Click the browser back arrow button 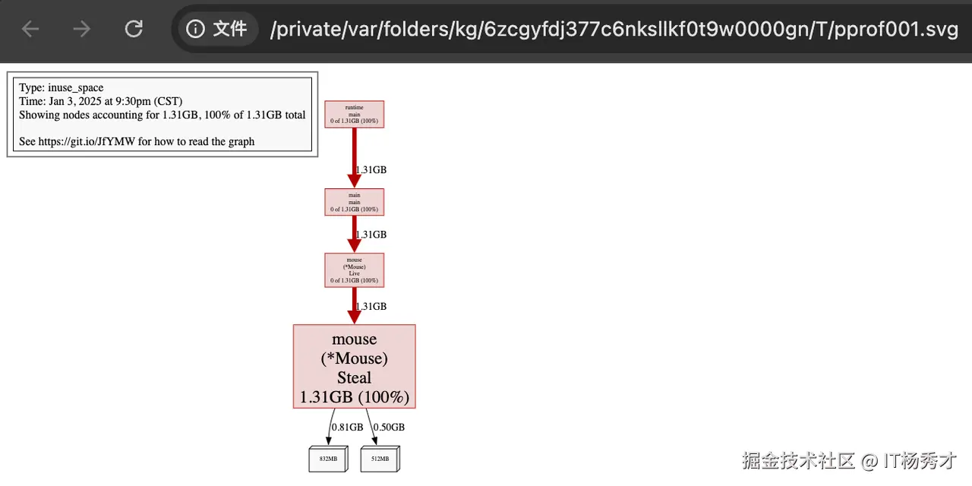click(30, 30)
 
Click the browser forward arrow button click(81, 30)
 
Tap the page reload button click(134, 30)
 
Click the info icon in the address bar click(195, 30)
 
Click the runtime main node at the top click(354, 114)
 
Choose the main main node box click(354, 201)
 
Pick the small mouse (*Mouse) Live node click(354, 270)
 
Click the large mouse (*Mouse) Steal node click(354, 367)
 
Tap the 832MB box click(327, 459)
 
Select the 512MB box click(380, 459)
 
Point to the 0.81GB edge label click(347, 428)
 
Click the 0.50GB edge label click(389, 428)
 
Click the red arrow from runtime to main click(354, 156)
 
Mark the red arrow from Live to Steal click(354, 304)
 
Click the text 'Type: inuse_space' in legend click(62, 88)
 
